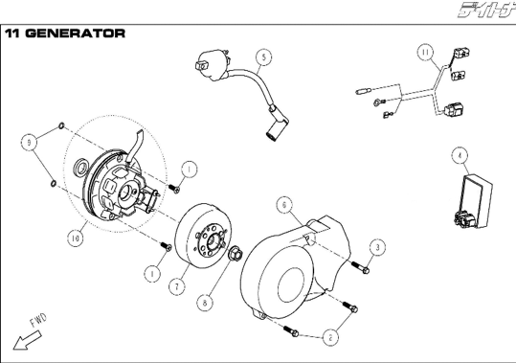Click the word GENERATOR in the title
(76, 34)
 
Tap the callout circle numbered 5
(264, 57)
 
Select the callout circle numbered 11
(426, 53)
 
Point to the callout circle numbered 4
(460, 156)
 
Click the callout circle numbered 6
(284, 205)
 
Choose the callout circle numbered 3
(377, 247)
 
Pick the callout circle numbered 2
(330, 337)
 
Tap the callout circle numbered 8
(205, 303)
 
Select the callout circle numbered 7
(177, 286)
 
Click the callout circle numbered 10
(76, 238)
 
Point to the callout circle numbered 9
(29, 143)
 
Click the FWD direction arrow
(27, 341)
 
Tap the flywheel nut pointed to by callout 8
(236, 254)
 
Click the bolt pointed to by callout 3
(360, 267)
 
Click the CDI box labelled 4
(474, 201)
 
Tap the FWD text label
(39, 320)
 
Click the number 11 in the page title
(12, 34)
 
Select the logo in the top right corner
(487, 10)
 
